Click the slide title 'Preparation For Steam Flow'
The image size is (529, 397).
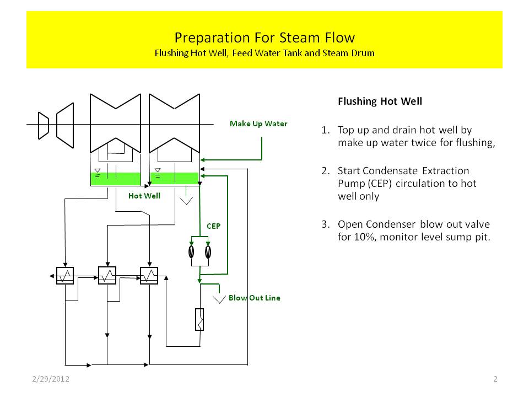[264, 37]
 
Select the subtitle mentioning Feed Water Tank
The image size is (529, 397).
[264, 53]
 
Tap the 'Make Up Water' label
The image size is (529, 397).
[258, 124]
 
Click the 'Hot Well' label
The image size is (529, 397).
[144, 196]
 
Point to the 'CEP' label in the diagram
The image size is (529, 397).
[214, 226]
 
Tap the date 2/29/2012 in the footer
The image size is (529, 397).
[49, 379]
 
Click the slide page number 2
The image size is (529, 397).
[495, 379]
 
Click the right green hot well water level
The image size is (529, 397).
[174, 178]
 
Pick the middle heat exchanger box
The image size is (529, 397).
[107, 275]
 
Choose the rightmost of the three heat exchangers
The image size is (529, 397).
[149, 275]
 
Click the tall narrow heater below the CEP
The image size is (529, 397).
[199, 319]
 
